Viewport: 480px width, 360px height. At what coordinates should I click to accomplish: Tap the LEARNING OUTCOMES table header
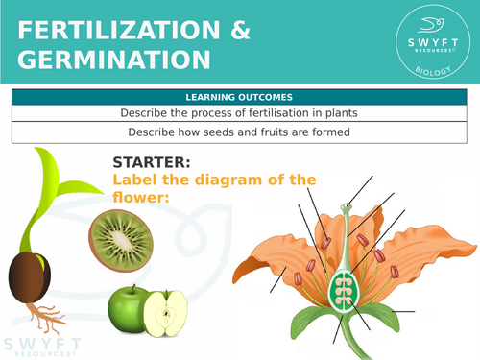click(241, 97)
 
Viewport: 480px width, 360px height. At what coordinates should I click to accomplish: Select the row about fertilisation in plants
click(241, 113)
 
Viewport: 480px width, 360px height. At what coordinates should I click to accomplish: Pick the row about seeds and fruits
click(241, 132)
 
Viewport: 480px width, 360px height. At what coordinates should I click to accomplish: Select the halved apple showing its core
click(169, 314)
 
